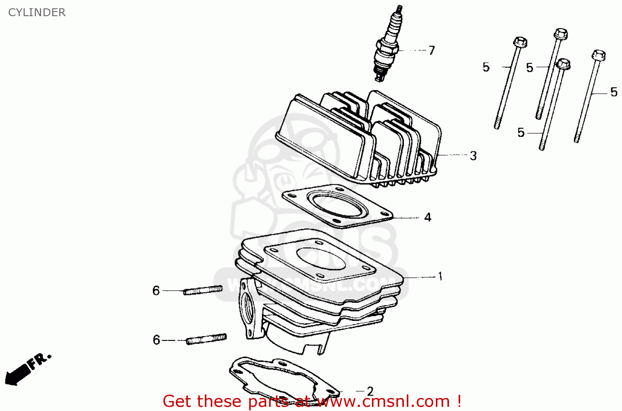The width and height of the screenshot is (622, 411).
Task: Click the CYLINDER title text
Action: (x=37, y=12)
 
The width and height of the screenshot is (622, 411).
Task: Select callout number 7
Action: (x=432, y=51)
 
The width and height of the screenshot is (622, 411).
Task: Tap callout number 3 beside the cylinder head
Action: (x=473, y=156)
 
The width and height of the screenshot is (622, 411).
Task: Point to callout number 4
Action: (x=428, y=217)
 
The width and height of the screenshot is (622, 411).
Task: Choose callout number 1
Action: (x=440, y=276)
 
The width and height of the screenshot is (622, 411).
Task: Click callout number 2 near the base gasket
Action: (x=370, y=391)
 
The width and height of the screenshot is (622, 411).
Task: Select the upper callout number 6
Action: (x=156, y=291)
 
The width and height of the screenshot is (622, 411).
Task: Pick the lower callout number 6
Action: (x=156, y=340)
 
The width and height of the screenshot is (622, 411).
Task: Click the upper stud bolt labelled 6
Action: (x=203, y=290)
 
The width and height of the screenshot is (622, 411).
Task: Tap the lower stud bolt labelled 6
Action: (x=206, y=340)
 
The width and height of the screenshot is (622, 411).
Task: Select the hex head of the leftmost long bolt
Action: (x=520, y=42)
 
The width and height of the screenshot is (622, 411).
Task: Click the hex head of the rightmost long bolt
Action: (x=598, y=55)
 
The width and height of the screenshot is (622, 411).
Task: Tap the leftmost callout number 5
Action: (x=486, y=67)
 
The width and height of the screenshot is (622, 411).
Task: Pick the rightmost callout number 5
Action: (x=614, y=92)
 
